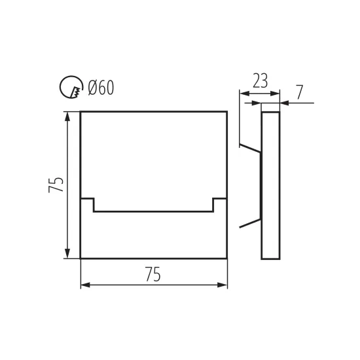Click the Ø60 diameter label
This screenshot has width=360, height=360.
(x=101, y=88)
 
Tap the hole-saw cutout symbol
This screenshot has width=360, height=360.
(x=71, y=87)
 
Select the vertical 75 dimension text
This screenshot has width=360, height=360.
(x=56, y=185)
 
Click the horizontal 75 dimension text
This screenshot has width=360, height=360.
(x=153, y=274)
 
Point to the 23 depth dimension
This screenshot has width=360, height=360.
(x=260, y=81)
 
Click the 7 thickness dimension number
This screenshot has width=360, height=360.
(x=299, y=92)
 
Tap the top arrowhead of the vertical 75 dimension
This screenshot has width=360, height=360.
(x=67, y=117)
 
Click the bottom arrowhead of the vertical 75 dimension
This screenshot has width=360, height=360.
(x=67, y=253)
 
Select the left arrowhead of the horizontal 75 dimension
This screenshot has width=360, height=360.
(x=85, y=285)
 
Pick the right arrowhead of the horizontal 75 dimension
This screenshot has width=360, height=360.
(x=223, y=285)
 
